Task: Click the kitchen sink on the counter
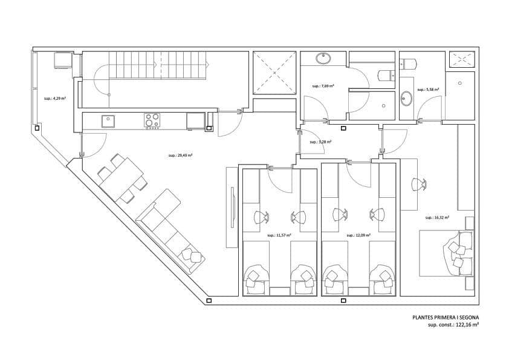point(108,121)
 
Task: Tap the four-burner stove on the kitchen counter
point(152,121)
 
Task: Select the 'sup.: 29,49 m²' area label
point(181,155)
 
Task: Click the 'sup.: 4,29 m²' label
point(55,97)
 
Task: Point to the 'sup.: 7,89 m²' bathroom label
point(323,86)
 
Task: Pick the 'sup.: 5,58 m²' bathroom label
point(432,90)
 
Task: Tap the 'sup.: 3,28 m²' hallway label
point(321,142)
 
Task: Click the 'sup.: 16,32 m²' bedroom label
point(437,217)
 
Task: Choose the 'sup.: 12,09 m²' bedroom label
point(358,235)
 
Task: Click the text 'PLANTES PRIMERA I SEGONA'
point(446,316)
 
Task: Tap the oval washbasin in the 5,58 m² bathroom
point(406,99)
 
